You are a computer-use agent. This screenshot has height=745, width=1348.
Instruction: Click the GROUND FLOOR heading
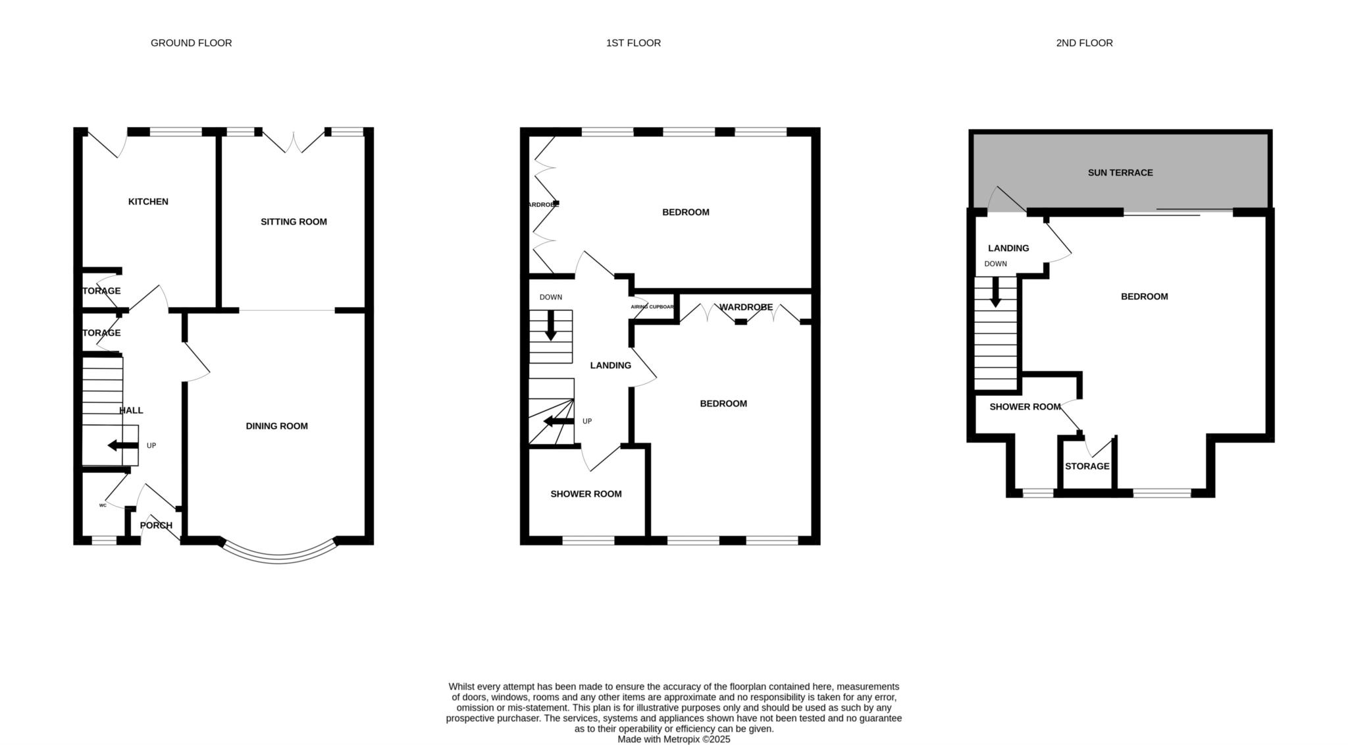pos(191,43)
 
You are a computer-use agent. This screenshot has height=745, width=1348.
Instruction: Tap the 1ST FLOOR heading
pos(633,43)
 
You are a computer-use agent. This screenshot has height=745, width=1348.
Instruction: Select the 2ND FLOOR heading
pos(1084,43)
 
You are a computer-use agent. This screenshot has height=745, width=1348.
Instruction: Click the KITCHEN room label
pos(148,202)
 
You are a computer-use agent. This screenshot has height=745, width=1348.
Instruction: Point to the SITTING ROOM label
pos(294,222)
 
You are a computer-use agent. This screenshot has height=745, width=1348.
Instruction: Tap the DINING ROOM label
pos(276,426)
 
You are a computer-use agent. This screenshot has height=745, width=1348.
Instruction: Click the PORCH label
pos(156,525)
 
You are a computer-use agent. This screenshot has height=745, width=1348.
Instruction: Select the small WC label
pos(103,505)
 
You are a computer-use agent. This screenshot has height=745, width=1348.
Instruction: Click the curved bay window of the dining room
pos(278,558)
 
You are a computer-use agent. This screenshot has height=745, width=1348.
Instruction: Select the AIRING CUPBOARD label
pos(652,307)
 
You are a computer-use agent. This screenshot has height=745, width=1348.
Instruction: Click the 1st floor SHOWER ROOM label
pos(586,494)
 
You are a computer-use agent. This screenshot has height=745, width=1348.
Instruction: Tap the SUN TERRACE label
pos(1120,173)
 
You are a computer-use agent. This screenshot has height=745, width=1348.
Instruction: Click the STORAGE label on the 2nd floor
pos(1087,466)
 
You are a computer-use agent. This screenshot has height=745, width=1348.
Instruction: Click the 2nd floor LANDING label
pos(1008,248)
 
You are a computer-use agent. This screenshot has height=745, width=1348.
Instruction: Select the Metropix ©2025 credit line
pos(673,740)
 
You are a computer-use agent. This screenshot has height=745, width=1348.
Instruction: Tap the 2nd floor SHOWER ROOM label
pos(1025,407)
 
